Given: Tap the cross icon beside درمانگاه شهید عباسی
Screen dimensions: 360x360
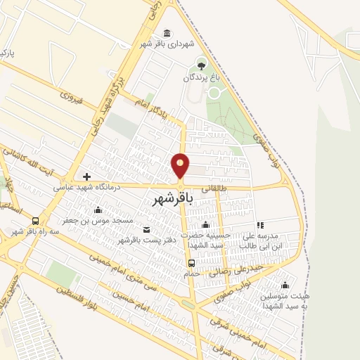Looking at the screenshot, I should point(86,177).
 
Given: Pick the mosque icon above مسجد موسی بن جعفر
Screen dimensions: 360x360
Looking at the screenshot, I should point(97,210).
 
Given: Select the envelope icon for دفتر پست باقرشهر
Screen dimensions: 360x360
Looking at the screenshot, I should point(146,230).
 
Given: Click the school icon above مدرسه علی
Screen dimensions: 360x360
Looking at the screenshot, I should point(260,225).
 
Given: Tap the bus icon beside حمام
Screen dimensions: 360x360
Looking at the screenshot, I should point(191,263).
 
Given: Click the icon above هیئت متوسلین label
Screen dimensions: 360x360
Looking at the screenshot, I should point(285,285).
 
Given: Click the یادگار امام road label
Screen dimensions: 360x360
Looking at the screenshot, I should point(153,107).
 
